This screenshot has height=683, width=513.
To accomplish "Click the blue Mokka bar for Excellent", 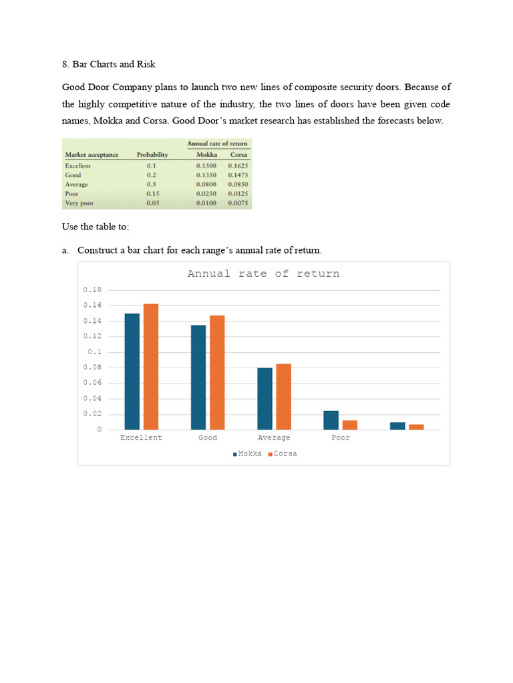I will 132,372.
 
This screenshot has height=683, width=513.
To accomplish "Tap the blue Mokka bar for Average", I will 265,398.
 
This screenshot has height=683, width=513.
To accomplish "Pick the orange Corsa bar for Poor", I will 350,425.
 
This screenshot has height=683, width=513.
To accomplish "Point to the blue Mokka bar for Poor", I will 331,420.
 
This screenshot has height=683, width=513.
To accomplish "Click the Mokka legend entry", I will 247,454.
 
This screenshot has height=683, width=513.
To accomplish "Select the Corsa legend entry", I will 283,454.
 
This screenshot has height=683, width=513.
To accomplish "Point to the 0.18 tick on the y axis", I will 93,290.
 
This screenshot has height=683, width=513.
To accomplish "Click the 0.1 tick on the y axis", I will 95,352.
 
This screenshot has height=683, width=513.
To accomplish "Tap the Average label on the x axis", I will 274,438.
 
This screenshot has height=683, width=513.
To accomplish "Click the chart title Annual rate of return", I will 263,274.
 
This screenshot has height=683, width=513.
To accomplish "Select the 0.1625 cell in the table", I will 238,165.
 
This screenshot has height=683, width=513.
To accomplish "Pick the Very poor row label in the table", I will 79,203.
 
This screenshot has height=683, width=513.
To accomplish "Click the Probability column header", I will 152,155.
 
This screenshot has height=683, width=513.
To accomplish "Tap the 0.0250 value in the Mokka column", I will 206,193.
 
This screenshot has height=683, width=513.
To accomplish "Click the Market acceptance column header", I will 92,155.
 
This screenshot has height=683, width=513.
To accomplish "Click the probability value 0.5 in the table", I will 152,184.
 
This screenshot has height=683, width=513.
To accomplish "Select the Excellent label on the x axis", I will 141,438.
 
